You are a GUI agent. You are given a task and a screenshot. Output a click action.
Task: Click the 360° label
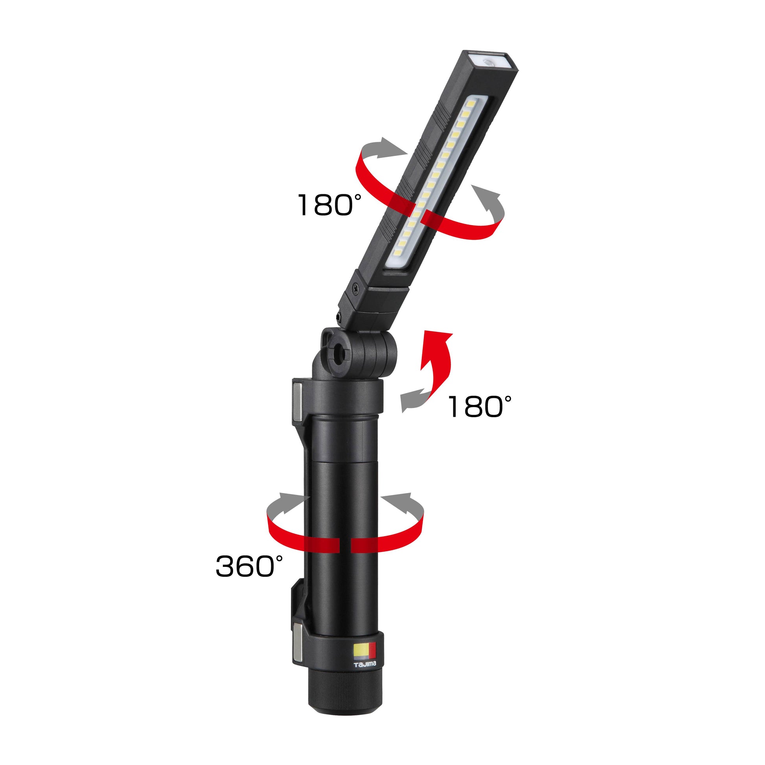249,565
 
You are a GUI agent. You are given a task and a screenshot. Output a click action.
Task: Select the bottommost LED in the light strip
398,252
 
